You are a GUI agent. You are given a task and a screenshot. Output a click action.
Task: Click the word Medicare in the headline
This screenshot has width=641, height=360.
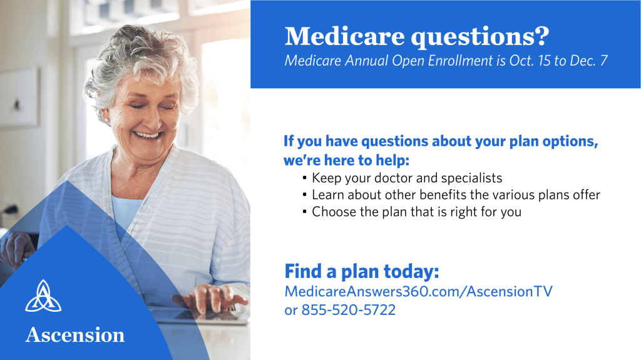coord(345,36)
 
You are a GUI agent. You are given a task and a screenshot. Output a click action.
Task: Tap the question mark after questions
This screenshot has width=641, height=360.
coord(541,36)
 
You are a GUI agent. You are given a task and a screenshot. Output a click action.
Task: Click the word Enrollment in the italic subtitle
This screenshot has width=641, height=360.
coord(460,61)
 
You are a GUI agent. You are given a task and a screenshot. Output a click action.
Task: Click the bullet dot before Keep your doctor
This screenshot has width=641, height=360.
coord(305,178)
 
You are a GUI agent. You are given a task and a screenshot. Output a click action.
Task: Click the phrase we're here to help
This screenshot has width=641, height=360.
coord(346,160)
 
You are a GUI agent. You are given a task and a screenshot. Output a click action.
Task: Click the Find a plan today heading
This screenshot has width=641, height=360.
coord(362,271)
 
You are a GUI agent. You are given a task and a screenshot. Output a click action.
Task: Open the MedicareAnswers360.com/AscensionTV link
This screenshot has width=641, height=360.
coord(419,291)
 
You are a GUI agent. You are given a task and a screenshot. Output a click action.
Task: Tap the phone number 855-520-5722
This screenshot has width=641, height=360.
coord(348,310)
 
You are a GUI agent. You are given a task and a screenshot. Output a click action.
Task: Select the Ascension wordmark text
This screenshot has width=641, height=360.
coord(75,335)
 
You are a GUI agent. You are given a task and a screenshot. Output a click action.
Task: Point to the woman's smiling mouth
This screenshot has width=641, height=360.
coord(148,135)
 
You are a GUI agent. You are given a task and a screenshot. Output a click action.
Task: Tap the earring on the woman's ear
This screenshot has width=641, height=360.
coord(108,121)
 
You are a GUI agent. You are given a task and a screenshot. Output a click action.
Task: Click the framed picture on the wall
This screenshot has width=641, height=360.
coord(18,98)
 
